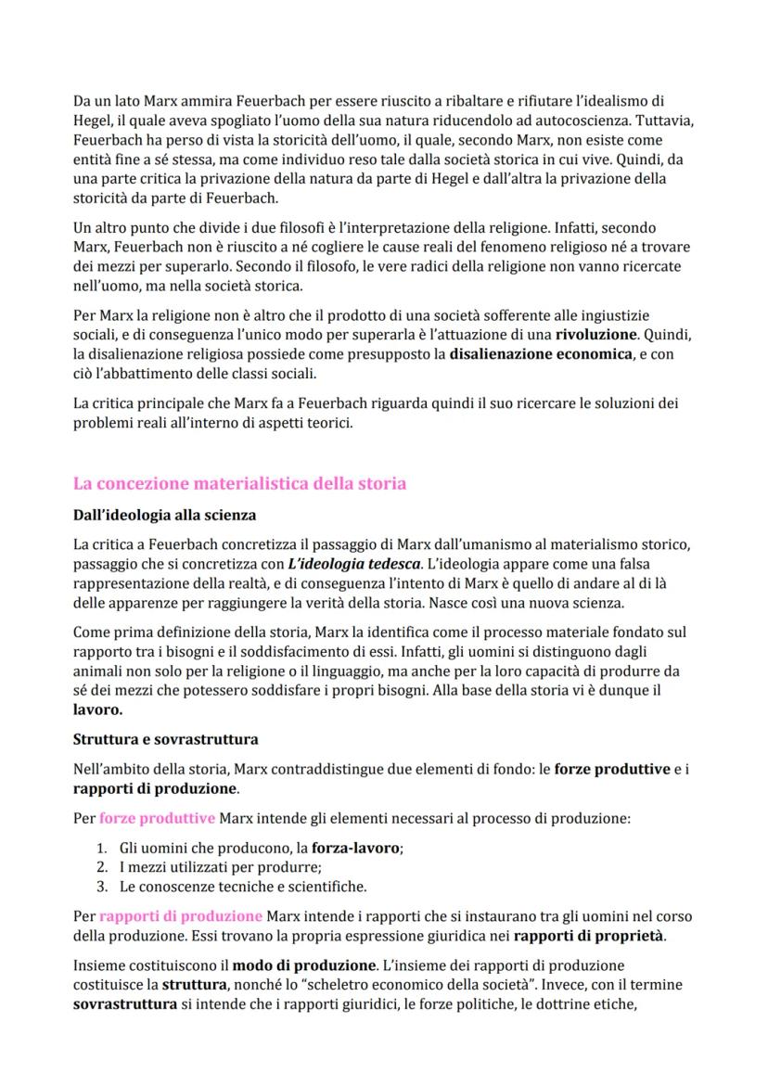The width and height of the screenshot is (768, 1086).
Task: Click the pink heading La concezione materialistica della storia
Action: click(239, 484)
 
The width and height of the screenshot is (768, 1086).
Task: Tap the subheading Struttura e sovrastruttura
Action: click(165, 740)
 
